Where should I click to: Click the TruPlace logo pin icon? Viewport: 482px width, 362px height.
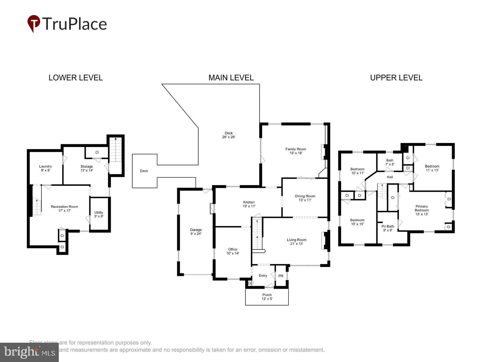pos(33,23)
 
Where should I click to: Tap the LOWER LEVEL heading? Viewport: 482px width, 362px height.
pos(76,78)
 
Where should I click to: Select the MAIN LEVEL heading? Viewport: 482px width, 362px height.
pos(231,78)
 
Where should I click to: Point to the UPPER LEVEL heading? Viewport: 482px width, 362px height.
pos(396,78)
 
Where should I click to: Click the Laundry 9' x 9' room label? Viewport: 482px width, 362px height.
pos(45,168)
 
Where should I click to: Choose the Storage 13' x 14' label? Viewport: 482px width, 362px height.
pos(87,168)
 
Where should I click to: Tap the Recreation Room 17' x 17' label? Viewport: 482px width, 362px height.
pos(64,209)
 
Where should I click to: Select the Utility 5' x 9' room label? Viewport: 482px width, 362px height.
pos(99,214)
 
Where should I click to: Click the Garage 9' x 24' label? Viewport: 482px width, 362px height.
pos(196,232)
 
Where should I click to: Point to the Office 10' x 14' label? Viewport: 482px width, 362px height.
pos(233,251)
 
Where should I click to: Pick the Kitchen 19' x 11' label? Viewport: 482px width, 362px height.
pos(249,204)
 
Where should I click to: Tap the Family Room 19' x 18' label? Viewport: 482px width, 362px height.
pos(296,151)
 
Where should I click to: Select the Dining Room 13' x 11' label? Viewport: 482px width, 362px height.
pos(305,198)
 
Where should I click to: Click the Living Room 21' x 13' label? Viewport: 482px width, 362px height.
pos(296,242)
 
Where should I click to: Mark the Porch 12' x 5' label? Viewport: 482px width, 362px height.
pos(267,297)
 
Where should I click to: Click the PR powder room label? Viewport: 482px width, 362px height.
pos(281,276)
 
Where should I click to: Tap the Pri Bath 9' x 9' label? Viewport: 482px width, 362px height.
pos(388,228)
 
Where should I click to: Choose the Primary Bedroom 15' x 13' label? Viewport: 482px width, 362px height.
pos(422,210)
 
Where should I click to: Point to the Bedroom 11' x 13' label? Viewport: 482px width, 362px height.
pos(432,168)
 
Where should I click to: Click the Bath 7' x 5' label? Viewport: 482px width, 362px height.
pos(389,162)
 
